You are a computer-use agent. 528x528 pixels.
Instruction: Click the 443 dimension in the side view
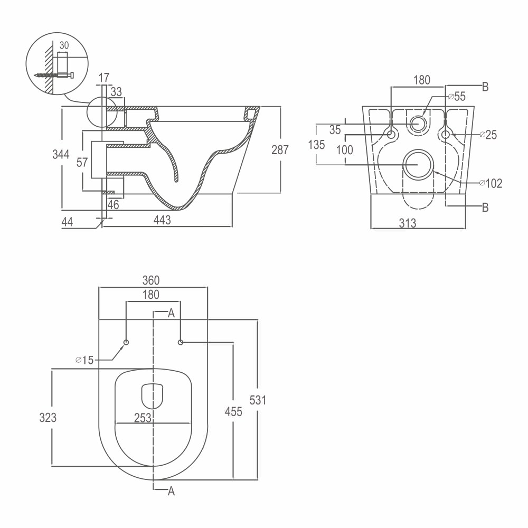coord(162,220)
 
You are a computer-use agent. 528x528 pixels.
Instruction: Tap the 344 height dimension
coord(61,154)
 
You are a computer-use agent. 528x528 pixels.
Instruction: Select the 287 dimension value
coord(280,150)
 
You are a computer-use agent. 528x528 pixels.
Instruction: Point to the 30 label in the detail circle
coord(64,45)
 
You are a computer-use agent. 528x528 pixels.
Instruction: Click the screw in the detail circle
coord(54,76)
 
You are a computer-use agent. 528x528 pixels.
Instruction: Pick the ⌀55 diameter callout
coord(457,96)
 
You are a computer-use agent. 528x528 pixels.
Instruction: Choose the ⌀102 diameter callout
coord(491,183)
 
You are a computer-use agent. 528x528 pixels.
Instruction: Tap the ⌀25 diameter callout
coord(488,135)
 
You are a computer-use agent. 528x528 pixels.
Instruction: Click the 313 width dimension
coord(408,223)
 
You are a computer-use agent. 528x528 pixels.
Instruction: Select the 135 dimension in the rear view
coord(316,145)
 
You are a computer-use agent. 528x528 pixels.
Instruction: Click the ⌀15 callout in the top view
coord(84,360)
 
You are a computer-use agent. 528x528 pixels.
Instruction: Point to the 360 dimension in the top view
coord(151,280)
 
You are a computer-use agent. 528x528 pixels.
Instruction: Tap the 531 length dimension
coord(258,400)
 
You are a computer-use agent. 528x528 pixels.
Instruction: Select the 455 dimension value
coord(233,411)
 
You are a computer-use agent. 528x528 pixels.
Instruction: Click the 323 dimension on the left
coord(48,418)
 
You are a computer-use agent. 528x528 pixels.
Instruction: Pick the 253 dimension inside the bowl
coord(143,418)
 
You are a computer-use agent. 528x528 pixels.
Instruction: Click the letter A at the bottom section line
coord(172,491)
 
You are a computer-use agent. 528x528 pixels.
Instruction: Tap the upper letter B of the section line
coord(485,87)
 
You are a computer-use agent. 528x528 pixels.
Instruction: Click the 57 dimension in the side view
coord(82,162)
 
